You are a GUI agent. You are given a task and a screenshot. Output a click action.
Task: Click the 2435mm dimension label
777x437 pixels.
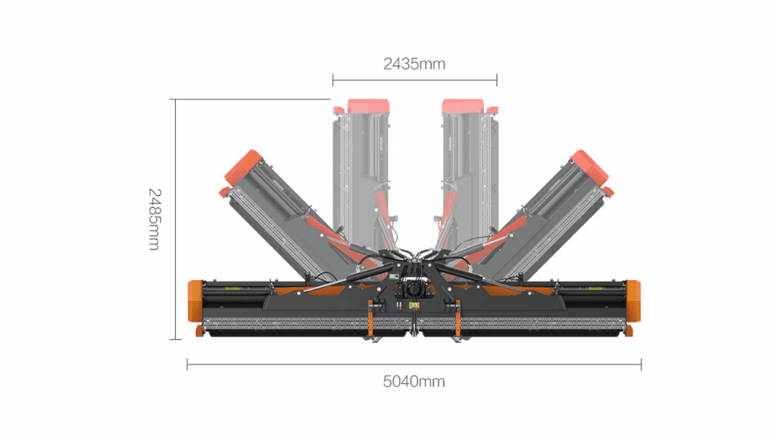pyautogui.click(x=414, y=64)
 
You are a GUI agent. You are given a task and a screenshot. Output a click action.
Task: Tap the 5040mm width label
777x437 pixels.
pyautogui.click(x=414, y=382)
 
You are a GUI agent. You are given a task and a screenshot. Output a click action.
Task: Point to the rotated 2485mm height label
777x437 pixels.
pyautogui.click(x=155, y=219)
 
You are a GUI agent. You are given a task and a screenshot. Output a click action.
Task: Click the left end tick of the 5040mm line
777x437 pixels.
pyautogui.click(x=187, y=365)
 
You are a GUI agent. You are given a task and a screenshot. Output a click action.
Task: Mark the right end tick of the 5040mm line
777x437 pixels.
pyautogui.click(x=641, y=365)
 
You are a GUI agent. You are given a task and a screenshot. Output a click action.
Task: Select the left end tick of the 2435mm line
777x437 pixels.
pyautogui.click(x=333, y=80)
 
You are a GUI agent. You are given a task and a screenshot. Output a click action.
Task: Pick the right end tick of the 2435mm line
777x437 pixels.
pyautogui.click(x=496, y=80)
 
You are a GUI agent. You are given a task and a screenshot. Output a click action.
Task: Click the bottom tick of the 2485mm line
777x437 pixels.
pyautogui.click(x=175, y=339)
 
